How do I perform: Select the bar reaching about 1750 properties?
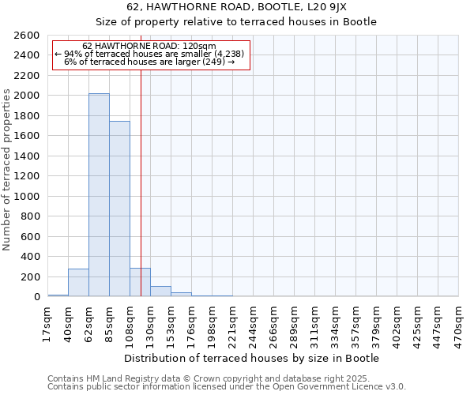pyautogui.click(x=119, y=209)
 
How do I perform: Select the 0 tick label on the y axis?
pyautogui.click(x=37, y=297)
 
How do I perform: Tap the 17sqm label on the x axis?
pyautogui.click(x=47, y=324)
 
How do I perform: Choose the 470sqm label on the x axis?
pyautogui.click(x=458, y=324)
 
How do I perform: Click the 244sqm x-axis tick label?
pyautogui.click(x=253, y=324)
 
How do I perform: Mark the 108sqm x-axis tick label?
pyautogui.click(x=130, y=324)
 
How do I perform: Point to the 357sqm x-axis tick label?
pyautogui.click(x=355, y=324)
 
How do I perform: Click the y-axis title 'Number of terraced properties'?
pyautogui.click(x=8, y=169)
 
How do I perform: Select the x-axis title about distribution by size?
pyautogui.click(x=253, y=358)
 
